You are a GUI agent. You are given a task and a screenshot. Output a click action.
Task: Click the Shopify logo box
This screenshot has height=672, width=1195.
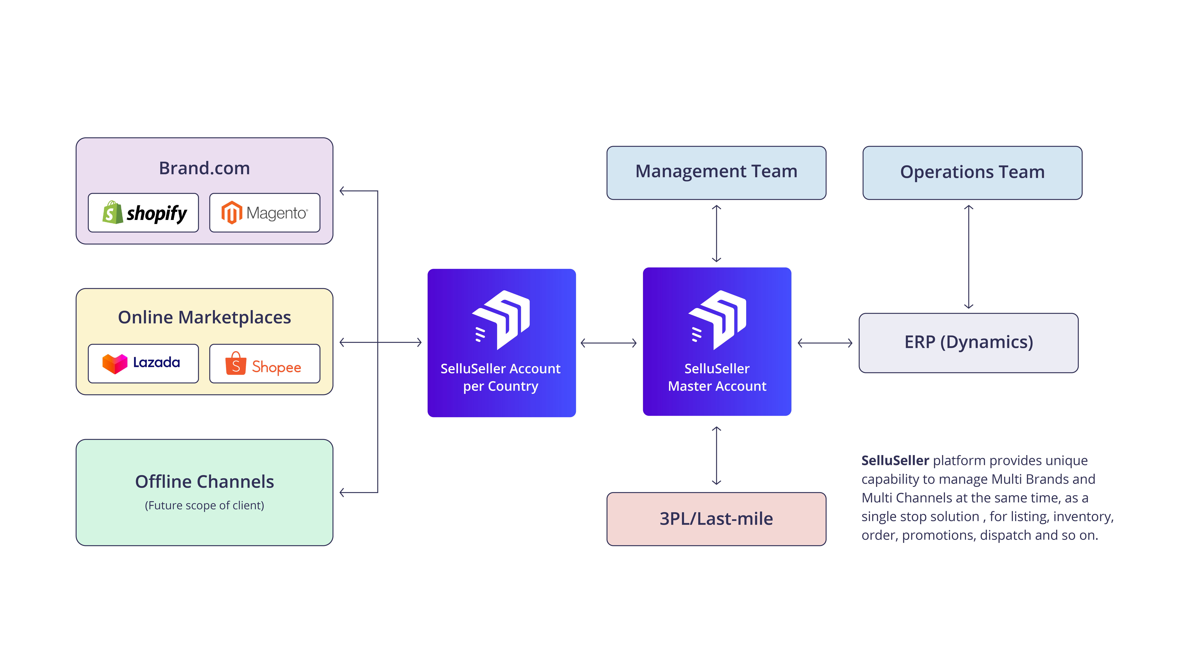point(143,213)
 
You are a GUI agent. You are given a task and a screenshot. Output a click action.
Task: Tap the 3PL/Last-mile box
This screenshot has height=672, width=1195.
point(716,519)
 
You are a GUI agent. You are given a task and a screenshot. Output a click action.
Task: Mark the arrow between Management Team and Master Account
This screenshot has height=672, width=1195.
point(716,233)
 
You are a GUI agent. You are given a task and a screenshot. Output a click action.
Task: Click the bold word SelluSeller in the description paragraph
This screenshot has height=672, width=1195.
point(895,461)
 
